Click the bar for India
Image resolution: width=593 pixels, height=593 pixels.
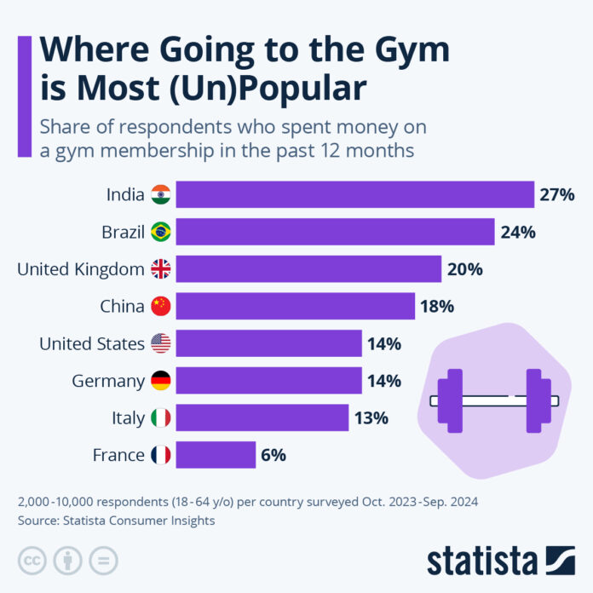coord(354,194)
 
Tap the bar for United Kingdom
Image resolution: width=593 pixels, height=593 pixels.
coord(308,269)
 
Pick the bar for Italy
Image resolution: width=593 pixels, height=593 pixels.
coord(262,417)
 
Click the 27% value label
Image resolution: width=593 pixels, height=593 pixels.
coord(557,194)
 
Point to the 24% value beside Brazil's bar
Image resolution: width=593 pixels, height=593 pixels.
coord(518,232)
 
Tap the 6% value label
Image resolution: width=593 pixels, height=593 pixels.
coord(273,455)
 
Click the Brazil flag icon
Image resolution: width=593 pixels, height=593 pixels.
coord(160,232)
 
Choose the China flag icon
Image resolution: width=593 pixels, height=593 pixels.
coord(160,306)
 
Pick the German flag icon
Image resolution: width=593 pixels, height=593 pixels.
coord(160,381)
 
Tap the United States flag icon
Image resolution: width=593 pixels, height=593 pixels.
coord(160,343)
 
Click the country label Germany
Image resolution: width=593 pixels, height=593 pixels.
coord(109,381)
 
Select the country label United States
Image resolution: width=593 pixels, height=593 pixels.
coord(92,343)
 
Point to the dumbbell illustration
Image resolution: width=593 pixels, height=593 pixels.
coord(494,400)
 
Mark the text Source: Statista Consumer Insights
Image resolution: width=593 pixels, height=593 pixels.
coord(116,520)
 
